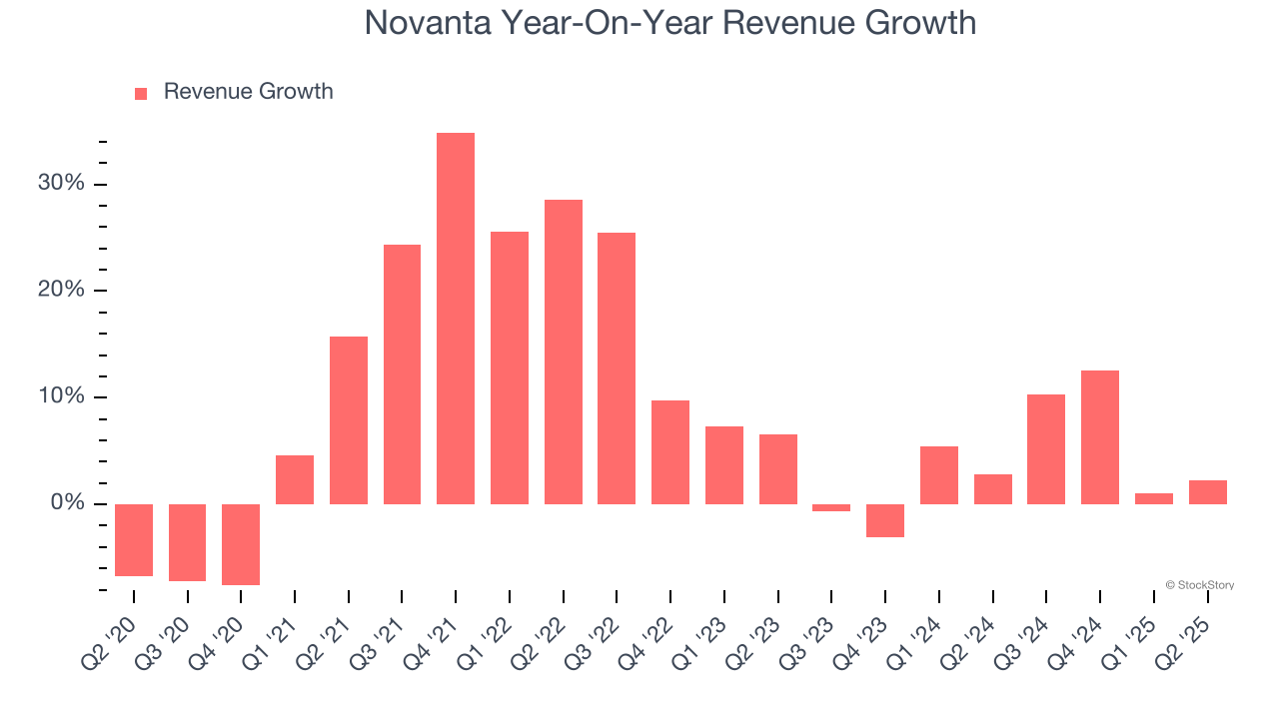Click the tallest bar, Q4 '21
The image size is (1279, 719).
click(x=456, y=318)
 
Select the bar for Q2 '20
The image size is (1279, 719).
click(x=134, y=539)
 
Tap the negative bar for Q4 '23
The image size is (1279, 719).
click(x=885, y=520)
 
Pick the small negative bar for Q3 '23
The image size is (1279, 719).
click(x=831, y=507)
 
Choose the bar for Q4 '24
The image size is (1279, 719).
click(x=1100, y=436)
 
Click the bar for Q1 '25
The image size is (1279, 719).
click(x=1154, y=498)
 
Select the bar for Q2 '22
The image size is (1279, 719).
click(x=564, y=352)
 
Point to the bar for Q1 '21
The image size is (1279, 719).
click(x=295, y=479)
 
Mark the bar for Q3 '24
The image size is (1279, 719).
click(x=1046, y=448)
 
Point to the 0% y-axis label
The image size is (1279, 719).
click(x=67, y=503)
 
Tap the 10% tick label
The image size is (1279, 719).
click(x=62, y=396)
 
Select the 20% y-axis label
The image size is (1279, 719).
click(x=62, y=291)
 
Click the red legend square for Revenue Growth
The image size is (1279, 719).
click(x=141, y=93)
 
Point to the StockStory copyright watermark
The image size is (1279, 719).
click(x=1199, y=585)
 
